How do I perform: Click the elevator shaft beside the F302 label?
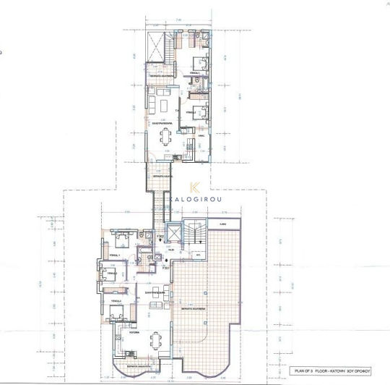[173, 235]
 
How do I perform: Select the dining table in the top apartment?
[166, 135]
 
